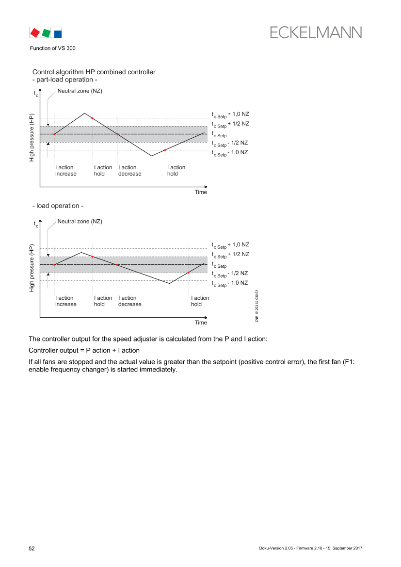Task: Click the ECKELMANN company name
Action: coord(316,32)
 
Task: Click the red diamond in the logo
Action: coord(35,32)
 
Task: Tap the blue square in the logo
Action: coord(58,34)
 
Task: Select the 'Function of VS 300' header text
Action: coord(53,48)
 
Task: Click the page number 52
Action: coord(32,548)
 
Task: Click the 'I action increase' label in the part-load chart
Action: coord(66,171)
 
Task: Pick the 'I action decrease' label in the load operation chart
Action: coord(130,301)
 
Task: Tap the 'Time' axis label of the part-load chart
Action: coord(201,192)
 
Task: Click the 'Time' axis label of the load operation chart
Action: coord(201,323)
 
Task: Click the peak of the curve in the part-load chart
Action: coord(84,113)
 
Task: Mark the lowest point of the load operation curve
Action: coord(169,283)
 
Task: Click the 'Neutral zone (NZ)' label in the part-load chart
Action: coord(80,91)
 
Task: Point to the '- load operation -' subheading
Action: coord(58,206)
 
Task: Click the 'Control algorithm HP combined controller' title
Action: coord(94,72)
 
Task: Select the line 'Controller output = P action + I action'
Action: coord(84,350)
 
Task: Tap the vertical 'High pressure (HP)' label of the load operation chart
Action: coord(32,268)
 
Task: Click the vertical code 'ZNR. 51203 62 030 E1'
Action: coord(257,306)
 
